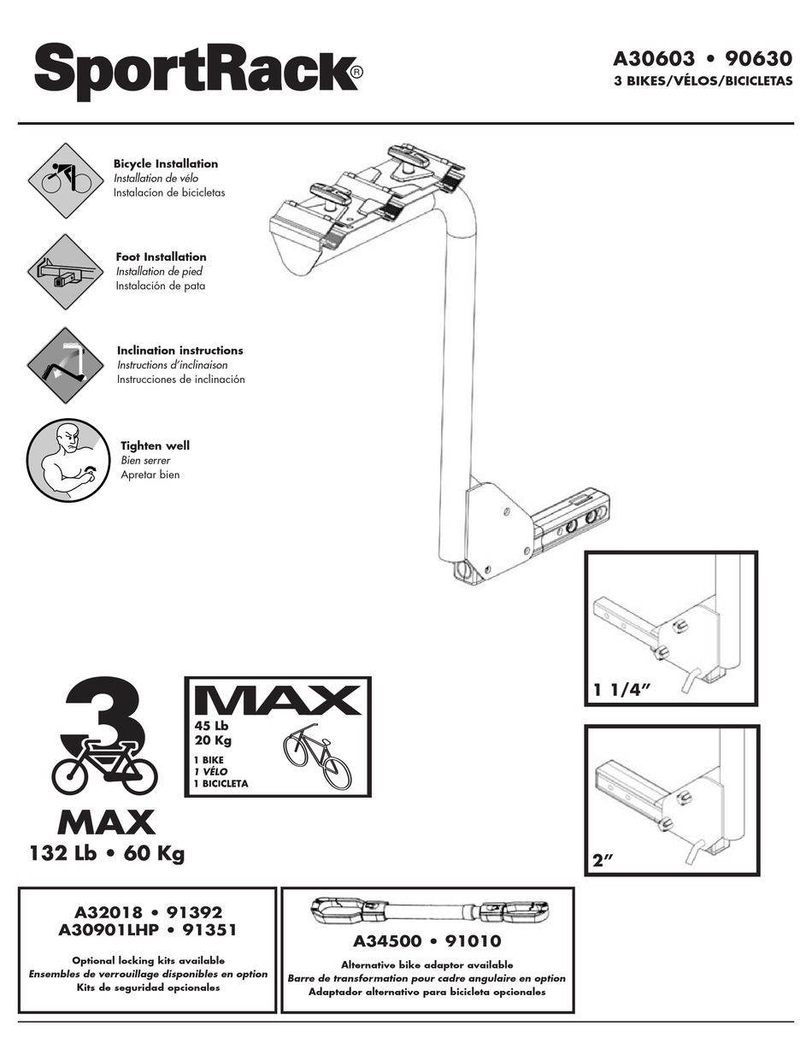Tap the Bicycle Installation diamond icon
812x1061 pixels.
(x=66, y=180)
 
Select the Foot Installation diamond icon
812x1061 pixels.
(x=66, y=272)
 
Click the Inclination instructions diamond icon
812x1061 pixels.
(x=66, y=365)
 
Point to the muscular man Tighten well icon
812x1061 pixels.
(x=66, y=459)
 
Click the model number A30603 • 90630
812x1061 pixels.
(x=703, y=60)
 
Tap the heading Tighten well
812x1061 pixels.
(x=155, y=445)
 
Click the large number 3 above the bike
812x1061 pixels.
(x=109, y=717)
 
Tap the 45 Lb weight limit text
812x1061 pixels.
(x=214, y=726)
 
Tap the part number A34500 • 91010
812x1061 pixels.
(x=427, y=942)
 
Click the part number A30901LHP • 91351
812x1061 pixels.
(x=146, y=929)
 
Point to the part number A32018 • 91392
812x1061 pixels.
(x=146, y=912)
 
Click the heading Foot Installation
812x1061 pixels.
(x=161, y=256)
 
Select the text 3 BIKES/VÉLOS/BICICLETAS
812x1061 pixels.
(x=703, y=82)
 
